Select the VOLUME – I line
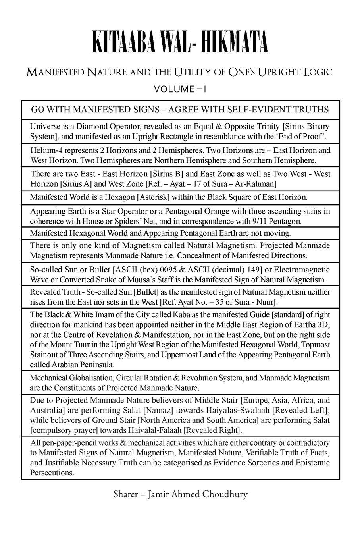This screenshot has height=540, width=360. pyautogui.click(x=180, y=89)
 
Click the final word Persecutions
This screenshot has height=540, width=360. pyautogui.click(x=52, y=473)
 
